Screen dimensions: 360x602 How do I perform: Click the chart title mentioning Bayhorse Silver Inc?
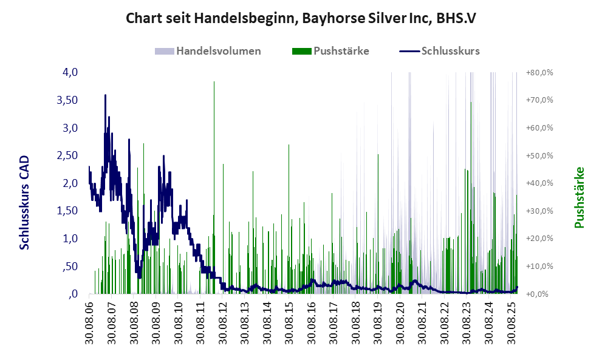[301, 18]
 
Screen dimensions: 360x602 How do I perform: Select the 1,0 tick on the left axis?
[70, 239]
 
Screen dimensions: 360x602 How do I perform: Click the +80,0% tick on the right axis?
[539, 72]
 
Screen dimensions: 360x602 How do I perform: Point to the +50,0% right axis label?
[539, 155]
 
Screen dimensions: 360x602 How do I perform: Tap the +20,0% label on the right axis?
[539, 239]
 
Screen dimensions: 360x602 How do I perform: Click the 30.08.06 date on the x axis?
[89, 322]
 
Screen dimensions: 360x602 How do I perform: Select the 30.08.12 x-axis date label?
[223, 322]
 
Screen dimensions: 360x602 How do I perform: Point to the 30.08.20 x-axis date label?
[401, 322]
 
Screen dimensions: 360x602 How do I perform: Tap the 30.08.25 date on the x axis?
[512, 322]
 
